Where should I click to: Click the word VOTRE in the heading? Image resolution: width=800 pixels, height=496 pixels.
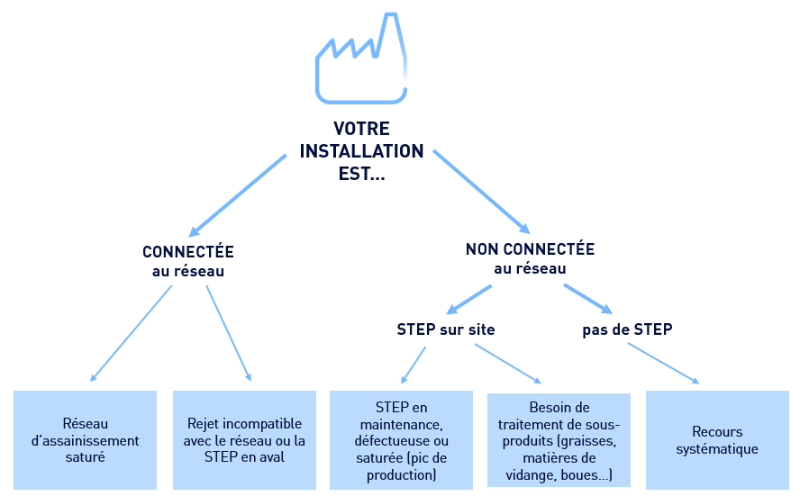361,129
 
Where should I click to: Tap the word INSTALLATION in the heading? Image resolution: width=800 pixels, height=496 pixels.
361,150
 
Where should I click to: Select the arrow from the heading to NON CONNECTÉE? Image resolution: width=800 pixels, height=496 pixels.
480,193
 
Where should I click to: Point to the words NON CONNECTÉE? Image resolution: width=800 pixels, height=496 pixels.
530,249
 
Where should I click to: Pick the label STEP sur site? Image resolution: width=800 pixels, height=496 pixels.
446,329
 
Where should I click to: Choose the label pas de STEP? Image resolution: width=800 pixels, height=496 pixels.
627,329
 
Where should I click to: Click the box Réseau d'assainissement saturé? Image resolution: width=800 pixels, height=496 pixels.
86,440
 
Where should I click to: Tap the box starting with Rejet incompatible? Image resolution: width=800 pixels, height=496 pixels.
244,440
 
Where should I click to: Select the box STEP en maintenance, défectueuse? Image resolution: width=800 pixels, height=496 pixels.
401,440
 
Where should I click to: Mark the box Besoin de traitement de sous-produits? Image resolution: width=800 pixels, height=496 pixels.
559,440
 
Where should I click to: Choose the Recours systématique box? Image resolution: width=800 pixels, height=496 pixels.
717,440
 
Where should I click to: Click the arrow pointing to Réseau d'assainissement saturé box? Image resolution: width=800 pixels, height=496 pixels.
132,333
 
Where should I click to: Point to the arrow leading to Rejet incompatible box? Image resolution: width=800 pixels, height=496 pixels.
229,333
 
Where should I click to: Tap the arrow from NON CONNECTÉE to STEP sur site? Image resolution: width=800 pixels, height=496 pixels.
469,299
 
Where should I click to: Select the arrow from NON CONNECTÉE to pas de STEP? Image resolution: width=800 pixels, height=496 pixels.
587,298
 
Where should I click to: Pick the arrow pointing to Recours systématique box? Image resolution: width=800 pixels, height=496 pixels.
663,363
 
